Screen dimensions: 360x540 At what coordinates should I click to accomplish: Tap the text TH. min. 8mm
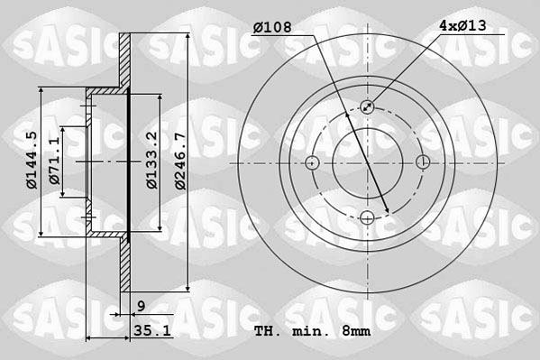point(312,332)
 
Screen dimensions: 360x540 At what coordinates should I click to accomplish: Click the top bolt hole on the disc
point(368,106)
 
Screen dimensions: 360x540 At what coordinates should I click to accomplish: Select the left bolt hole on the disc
point(312,162)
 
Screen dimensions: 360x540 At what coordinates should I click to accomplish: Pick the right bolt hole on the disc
point(424,162)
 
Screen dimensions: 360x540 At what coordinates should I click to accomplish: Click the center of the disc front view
point(368,162)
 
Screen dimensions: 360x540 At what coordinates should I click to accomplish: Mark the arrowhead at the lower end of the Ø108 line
point(388,212)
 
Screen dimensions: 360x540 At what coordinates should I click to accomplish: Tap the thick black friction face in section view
point(129,162)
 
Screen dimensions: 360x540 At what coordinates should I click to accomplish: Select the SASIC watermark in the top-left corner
point(53,40)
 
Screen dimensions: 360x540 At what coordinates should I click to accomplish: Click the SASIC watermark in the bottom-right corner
point(487,307)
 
